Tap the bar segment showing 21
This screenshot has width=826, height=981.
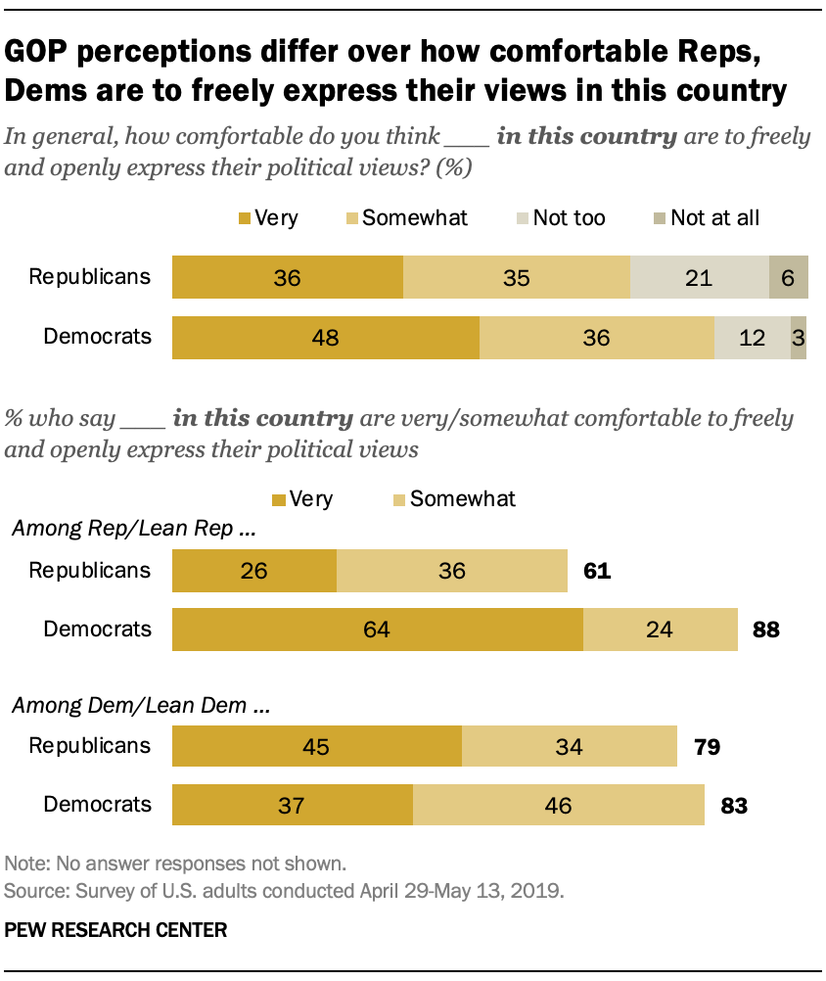click(699, 278)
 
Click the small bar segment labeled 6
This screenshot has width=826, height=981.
click(789, 278)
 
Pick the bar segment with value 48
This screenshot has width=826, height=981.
click(326, 338)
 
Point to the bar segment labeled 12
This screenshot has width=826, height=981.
click(752, 338)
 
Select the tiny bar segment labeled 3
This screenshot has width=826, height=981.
click(799, 338)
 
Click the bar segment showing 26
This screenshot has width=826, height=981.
click(254, 571)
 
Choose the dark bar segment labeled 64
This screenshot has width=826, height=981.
click(378, 630)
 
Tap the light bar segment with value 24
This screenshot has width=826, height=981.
click(660, 630)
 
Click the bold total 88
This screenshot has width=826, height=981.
click(765, 631)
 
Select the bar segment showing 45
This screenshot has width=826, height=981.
click(317, 747)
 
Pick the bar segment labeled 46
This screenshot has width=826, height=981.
click(559, 806)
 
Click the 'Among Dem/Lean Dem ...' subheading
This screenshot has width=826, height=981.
click(139, 704)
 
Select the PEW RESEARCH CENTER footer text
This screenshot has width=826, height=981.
click(115, 930)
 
